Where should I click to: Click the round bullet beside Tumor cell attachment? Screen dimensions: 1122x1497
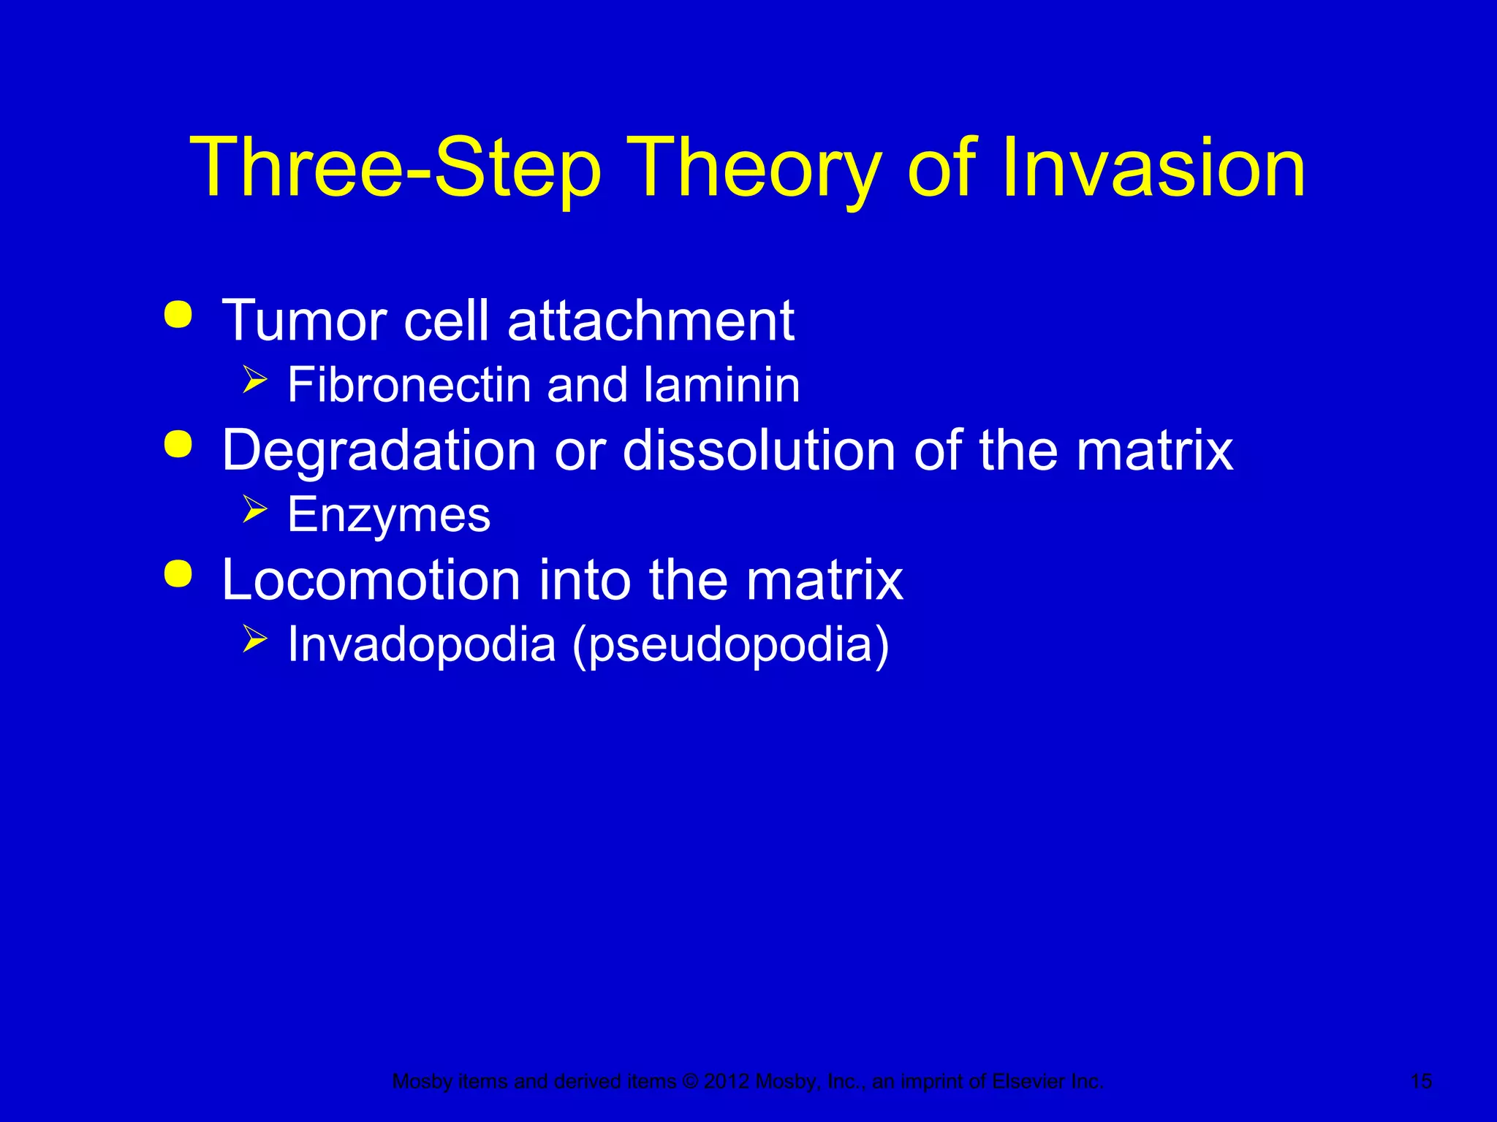coord(178,315)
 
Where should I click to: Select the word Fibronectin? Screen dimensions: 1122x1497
coord(409,385)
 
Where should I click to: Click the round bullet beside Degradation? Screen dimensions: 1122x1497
coord(178,444)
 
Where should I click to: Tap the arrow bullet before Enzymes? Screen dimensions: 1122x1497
coord(254,509)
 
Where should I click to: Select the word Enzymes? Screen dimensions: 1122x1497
coord(389,516)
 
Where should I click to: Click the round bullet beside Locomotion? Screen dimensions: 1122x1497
coord(178,574)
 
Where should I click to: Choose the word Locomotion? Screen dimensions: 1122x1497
coord(371,580)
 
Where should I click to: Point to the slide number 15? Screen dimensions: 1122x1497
coord(1421,1081)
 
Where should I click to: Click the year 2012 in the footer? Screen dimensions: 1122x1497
coord(727,1081)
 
